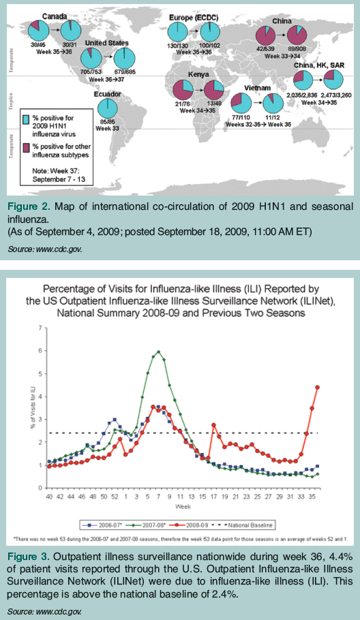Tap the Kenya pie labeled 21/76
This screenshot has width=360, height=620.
point(182,89)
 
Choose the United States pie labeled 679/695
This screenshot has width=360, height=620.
point(123,59)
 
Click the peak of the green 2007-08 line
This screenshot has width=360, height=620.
point(158,352)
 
